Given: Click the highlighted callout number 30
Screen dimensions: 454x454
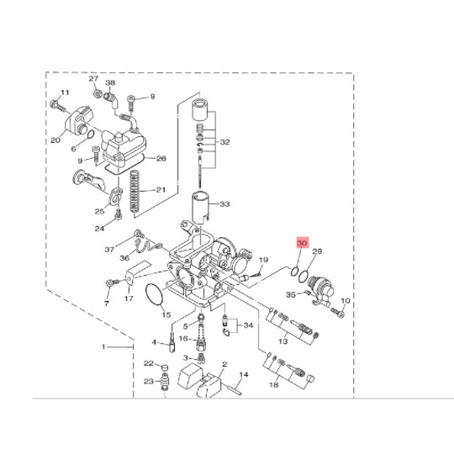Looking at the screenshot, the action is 302,243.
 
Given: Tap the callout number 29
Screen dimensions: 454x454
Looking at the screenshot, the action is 317,251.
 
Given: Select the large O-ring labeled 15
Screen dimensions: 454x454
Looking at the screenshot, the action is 154,294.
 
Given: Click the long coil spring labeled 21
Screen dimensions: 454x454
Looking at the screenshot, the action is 134,191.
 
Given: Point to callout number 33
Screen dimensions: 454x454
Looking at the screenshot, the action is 224,204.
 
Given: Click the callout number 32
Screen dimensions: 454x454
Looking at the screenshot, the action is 224,142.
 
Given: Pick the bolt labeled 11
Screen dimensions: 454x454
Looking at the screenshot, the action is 58,107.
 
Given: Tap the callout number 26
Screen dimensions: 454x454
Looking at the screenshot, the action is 161,159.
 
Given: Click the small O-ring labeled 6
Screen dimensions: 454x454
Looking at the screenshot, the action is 90,135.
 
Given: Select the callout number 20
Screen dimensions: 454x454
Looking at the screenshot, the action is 55,140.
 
